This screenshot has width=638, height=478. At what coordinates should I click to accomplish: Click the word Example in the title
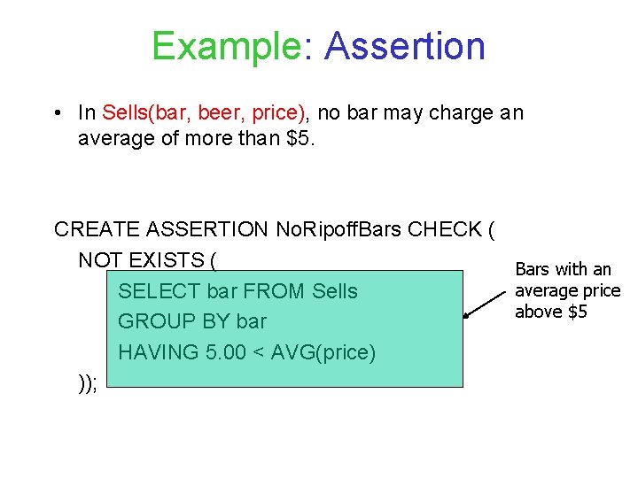coord(227,46)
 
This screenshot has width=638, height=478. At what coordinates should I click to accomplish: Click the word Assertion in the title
coord(405,46)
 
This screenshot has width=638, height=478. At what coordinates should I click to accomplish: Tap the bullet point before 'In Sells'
coord(56,113)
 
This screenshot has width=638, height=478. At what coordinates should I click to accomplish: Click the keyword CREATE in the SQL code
coord(95,230)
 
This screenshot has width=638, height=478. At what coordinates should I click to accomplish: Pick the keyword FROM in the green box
coord(277,291)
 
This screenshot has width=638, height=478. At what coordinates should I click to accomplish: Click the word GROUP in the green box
coord(153,321)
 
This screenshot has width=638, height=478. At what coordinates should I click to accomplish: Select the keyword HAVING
coord(159,352)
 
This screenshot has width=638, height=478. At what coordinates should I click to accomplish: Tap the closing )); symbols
coord(88,382)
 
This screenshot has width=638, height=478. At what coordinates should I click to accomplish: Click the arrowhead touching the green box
coord(467,313)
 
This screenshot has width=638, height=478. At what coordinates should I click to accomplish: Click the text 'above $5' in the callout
coord(550,312)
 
